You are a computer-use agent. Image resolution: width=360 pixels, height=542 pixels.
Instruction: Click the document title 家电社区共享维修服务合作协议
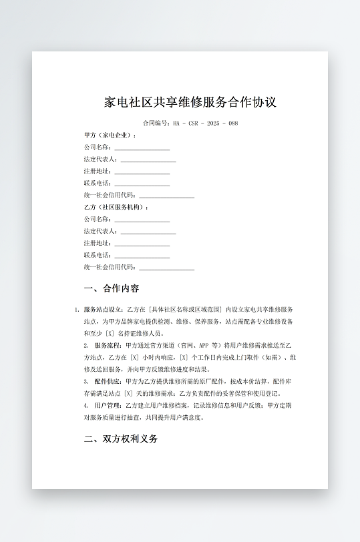(x=190, y=102)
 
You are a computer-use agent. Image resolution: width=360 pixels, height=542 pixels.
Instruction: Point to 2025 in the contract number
(x=213, y=123)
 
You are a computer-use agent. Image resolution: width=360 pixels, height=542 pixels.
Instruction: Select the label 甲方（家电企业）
(x=110, y=135)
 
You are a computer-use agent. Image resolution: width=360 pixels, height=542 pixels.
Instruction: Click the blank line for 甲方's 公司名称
(x=142, y=148)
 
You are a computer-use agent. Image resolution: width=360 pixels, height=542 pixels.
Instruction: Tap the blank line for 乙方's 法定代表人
(x=148, y=232)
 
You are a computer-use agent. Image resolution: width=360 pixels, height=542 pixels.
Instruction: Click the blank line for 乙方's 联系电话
(x=142, y=256)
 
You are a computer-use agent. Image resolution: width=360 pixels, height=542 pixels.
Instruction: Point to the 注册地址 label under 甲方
(x=98, y=172)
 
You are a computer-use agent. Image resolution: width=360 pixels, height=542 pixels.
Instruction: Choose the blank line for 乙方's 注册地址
(x=142, y=244)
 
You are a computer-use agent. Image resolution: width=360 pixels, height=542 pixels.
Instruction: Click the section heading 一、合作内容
(x=112, y=289)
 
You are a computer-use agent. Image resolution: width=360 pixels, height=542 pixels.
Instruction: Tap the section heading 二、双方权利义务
(x=121, y=439)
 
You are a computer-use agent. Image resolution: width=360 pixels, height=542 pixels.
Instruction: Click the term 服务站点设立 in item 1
(x=102, y=310)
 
